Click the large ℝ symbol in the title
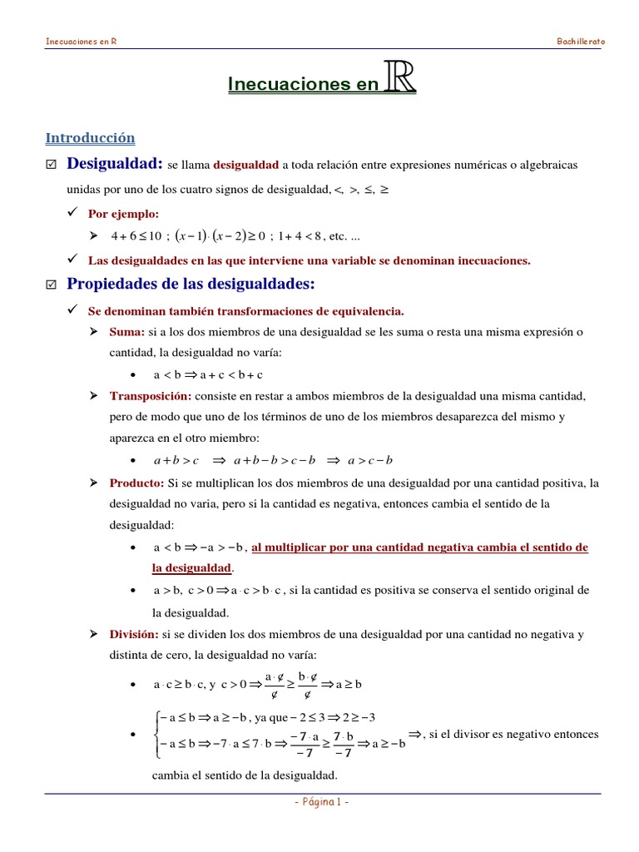point(400,80)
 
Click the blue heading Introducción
point(90,138)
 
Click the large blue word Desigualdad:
point(114,164)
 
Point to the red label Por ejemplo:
point(123,214)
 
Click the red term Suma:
point(127,332)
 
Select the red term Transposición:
point(151,395)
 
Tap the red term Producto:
point(136,483)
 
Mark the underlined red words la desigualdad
point(191,567)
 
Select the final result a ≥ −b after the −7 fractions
point(389,743)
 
